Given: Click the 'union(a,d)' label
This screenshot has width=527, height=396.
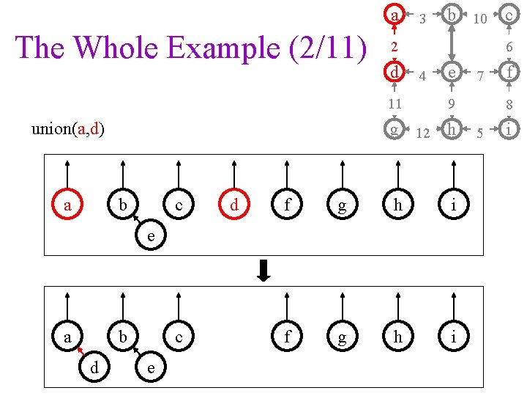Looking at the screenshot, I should tap(68, 130).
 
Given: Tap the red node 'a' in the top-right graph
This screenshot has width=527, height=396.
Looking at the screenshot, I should tap(395, 15).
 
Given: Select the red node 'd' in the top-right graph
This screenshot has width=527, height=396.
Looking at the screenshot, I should tap(395, 73).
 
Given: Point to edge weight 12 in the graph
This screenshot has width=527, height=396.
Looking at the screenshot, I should tap(422, 133).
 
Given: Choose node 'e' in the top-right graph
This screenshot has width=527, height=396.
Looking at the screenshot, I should tap(452, 73).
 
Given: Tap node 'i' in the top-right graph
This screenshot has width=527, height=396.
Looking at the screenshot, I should tap(509, 130).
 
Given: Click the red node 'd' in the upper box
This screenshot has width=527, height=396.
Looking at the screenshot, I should tap(234, 206).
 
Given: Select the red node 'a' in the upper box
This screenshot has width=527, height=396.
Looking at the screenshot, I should tap(67, 206).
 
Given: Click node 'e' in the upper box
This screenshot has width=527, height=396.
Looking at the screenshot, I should tap(150, 236).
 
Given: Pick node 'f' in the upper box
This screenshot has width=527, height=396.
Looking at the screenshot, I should tap(287, 206).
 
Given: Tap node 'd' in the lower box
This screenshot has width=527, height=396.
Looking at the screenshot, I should tap(95, 367).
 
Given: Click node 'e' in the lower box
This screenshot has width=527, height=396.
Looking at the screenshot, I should tap(150, 367).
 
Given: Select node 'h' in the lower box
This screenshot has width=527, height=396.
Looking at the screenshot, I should tap(397, 337).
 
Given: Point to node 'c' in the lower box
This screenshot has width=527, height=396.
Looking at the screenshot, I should tap(179, 337).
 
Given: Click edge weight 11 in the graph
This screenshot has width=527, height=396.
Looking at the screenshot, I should tap(395, 103).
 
